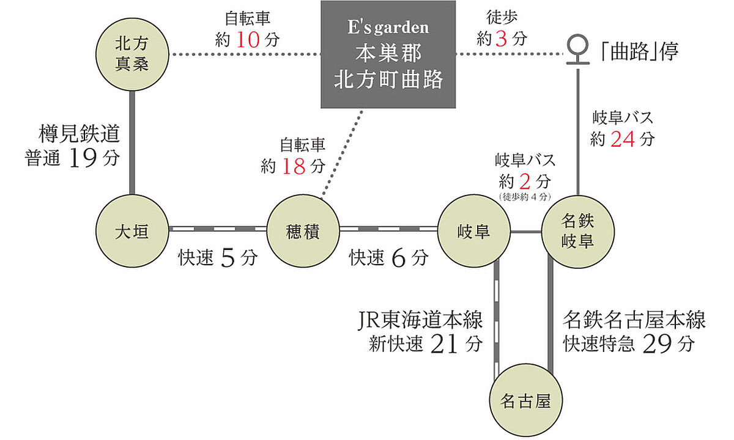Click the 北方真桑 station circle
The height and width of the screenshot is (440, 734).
pos(132,54)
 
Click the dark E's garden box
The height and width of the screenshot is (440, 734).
pos(388,55)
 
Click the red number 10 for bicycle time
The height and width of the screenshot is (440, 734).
pos(248,40)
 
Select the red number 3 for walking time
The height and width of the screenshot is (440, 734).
pos(502,40)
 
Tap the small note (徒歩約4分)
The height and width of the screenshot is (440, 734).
pos(526,197)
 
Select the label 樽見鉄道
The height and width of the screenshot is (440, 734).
pos(78,134)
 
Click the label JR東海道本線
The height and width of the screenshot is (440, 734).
pos(420,320)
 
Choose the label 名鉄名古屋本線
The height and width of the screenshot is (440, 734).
pos(634,320)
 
